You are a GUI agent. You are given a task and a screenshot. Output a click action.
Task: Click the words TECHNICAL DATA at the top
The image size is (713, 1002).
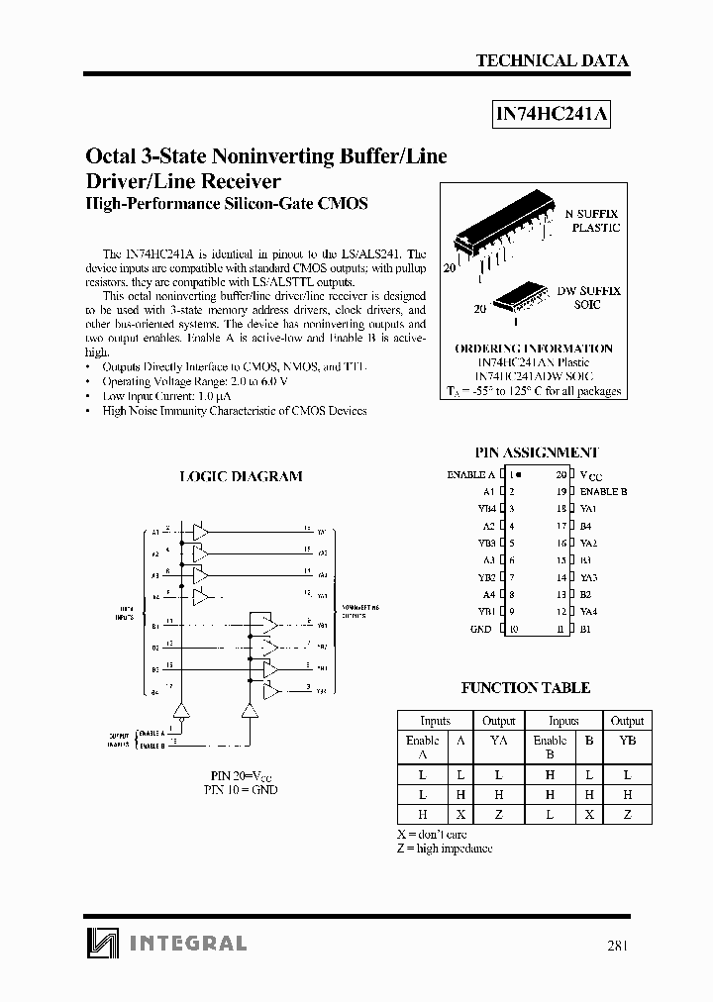point(553,60)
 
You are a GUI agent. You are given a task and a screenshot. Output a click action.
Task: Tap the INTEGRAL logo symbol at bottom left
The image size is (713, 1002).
point(100,943)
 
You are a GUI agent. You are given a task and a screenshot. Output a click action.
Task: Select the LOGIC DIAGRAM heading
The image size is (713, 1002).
point(241,476)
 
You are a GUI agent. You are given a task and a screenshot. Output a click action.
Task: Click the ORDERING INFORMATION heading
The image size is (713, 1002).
point(533,349)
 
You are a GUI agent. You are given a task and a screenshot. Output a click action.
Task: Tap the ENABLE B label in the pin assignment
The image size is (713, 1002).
point(603,491)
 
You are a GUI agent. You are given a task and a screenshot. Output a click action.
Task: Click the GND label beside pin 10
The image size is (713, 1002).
point(481,629)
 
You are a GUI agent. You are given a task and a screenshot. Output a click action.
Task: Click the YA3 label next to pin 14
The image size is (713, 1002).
point(588,577)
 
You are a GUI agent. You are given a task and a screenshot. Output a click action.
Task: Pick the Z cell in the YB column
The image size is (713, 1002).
point(627,815)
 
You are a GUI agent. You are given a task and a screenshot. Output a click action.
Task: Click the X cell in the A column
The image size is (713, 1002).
point(459,815)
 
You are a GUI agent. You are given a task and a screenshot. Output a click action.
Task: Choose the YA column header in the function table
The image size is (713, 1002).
point(498,741)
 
